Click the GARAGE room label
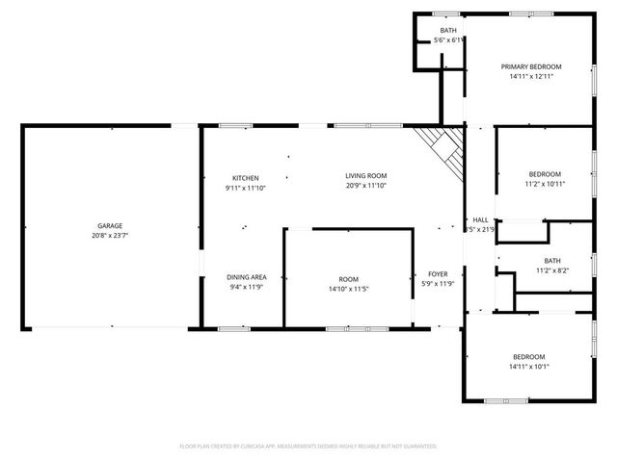point(109,225)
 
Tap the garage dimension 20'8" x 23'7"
point(109,235)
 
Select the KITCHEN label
point(245,178)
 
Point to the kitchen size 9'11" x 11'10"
point(245,188)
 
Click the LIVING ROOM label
point(366,175)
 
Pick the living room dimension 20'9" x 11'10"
point(366,185)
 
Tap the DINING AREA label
point(247,276)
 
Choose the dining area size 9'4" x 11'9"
point(247,286)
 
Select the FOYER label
point(437,273)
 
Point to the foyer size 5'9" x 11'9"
point(437,284)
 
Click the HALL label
point(480,219)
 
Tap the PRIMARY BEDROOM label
point(530,66)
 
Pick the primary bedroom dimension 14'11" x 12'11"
point(530,77)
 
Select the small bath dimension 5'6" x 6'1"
point(449,40)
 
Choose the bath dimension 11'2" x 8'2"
point(551,270)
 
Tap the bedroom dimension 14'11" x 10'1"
point(528,366)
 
